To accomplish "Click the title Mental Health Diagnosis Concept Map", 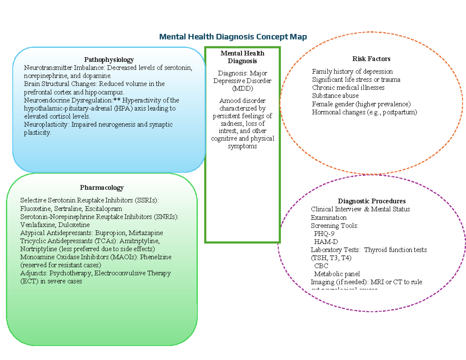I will click(233, 37).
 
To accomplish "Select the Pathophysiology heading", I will click(109, 59).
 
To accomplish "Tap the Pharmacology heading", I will click(102, 188).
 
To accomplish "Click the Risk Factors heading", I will click(371, 59).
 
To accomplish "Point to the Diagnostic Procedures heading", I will click(372, 201).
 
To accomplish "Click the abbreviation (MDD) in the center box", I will click(242, 89).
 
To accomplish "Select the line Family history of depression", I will click(352, 71).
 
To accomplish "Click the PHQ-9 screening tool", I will click(324, 234).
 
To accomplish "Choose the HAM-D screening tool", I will click(325, 242).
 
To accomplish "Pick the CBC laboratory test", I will click(321, 266).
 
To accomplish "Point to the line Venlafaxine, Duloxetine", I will click(55, 225).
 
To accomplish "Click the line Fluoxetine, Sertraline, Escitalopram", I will click(66, 209).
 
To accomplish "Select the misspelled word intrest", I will click(227, 131).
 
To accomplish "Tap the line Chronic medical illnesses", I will click(348, 88).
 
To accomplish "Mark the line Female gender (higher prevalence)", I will click(361, 104).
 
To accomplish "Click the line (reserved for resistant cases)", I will click(61, 265).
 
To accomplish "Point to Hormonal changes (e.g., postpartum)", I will click(364, 112).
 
